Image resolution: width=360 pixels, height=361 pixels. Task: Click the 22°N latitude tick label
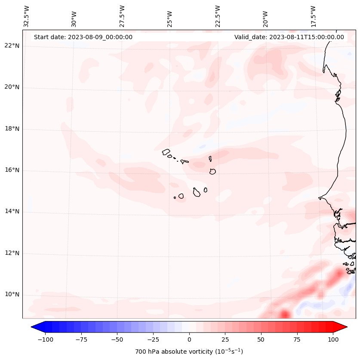point(12,46)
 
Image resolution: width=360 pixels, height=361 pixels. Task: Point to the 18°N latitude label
point(12,129)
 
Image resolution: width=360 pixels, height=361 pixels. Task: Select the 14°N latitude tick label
point(12,211)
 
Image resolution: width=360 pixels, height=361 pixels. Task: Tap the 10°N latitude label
point(12,295)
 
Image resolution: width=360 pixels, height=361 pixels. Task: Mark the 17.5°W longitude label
point(313,16)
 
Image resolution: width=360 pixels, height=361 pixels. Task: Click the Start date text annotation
point(83,37)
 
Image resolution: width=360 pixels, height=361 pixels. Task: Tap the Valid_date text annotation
point(289,37)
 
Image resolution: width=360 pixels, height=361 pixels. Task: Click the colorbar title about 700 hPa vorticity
point(189,352)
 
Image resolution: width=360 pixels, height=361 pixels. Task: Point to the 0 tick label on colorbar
point(189,339)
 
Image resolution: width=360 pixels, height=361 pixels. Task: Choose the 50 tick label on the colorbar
point(261,339)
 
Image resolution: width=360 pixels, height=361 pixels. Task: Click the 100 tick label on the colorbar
point(333,339)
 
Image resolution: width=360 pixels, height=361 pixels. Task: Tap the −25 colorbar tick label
point(153,339)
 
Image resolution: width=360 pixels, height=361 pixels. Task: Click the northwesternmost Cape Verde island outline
point(166,151)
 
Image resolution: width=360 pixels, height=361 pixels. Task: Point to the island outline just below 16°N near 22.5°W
point(212,171)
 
